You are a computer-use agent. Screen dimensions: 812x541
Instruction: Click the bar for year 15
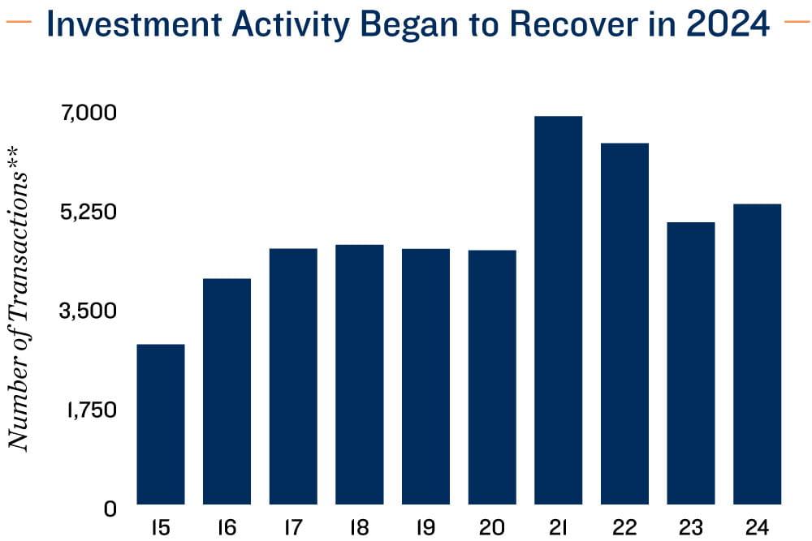coord(161,424)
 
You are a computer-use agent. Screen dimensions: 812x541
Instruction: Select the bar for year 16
coord(227,392)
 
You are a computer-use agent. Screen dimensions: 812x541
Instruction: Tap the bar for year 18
coord(360,375)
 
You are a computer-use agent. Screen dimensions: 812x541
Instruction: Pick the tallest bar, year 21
coord(559,311)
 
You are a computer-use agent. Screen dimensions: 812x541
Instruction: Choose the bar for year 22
coord(624,324)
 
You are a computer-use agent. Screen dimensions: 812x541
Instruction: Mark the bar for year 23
coord(691,363)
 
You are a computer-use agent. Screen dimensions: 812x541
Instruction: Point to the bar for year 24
coord(757,354)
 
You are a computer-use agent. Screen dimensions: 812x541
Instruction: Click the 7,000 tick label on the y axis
coord(89,113)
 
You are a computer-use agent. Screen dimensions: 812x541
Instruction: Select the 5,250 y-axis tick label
coord(89,212)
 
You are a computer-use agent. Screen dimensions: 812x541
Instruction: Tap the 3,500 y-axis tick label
coord(89,311)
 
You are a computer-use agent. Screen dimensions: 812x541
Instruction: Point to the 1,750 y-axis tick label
coord(91,410)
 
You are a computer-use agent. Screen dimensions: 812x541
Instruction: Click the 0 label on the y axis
coord(110,509)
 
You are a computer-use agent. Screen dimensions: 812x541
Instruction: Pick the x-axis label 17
coord(293,527)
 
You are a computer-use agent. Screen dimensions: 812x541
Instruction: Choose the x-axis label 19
coord(425,527)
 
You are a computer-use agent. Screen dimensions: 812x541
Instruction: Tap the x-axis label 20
coord(492,527)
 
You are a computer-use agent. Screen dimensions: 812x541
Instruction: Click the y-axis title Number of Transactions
coord(19,299)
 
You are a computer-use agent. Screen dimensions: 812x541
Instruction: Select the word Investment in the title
coord(135,24)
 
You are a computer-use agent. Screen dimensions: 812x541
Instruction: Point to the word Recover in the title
coord(574,24)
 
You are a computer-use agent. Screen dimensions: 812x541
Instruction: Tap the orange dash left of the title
coord(18,22)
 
